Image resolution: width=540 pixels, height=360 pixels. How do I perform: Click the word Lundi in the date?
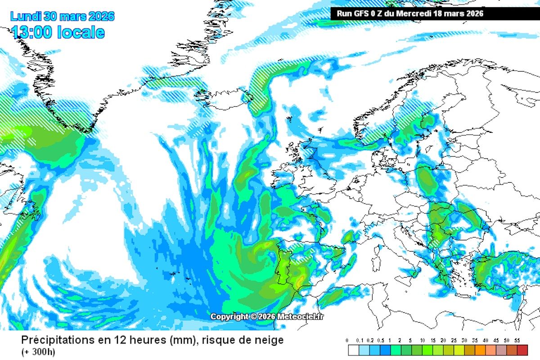click(x=26, y=17)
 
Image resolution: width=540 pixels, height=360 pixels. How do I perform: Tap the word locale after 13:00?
click(x=81, y=32)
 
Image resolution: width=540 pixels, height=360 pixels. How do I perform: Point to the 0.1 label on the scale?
click(x=358, y=341)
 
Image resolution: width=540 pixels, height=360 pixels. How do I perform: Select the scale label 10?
click(x=422, y=341)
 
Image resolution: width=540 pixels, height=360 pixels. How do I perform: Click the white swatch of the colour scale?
click(x=353, y=350)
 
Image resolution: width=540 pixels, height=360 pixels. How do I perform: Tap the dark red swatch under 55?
click(x=522, y=350)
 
